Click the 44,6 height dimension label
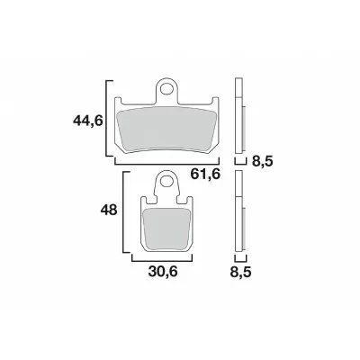click(89, 119)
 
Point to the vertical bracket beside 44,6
click(110, 119)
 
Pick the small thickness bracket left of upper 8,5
click(239, 162)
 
